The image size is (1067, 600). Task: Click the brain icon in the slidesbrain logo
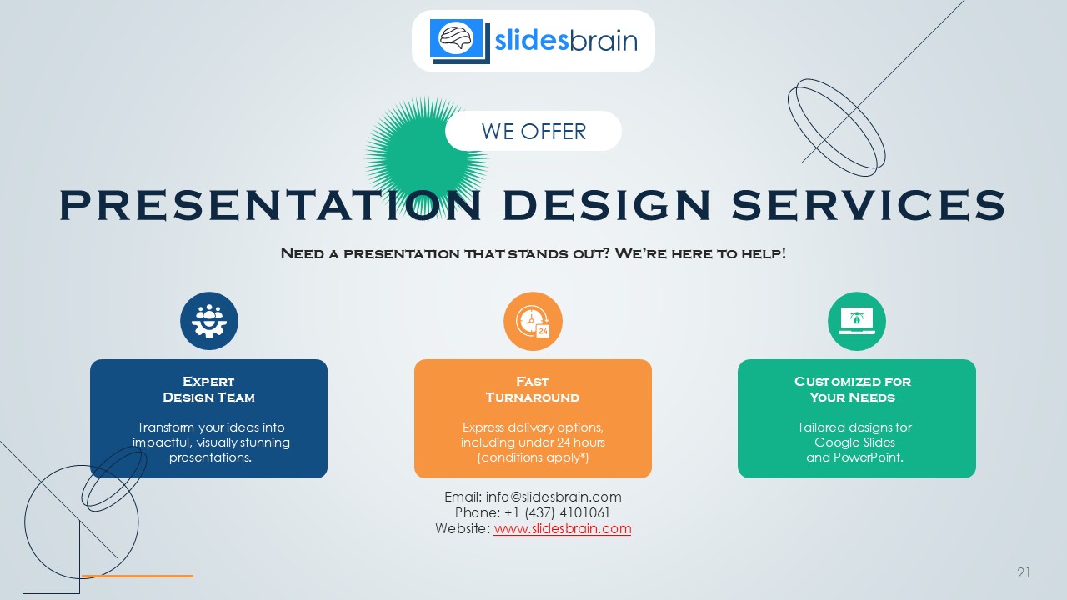[x=456, y=37]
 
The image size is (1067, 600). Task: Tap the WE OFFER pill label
[x=533, y=131]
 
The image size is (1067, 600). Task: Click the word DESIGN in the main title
[x=607, y=204]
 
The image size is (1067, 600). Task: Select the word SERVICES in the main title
[x=869, y=204]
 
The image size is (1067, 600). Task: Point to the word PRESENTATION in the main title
[x=270, y=204]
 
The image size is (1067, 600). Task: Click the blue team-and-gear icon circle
[x=209, y=321]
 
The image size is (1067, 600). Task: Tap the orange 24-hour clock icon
[x=533, y=321]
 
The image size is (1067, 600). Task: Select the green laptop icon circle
[x=857, y=321]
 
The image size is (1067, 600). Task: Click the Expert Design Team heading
[x=208, y=389]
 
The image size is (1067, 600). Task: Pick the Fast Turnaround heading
[x=533, y=389]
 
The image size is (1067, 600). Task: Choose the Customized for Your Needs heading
[x=853, y=389]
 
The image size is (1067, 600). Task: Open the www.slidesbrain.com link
[x=563, y=528]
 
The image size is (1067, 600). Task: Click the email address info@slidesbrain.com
[x=554, y=497]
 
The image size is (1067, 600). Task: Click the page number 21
[x=1024, y=572]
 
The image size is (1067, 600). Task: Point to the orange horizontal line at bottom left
[x=138, y=576]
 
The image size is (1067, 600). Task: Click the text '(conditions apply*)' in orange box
[x=533, y=457]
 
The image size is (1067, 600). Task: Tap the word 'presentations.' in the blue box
[x=210, y=457]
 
